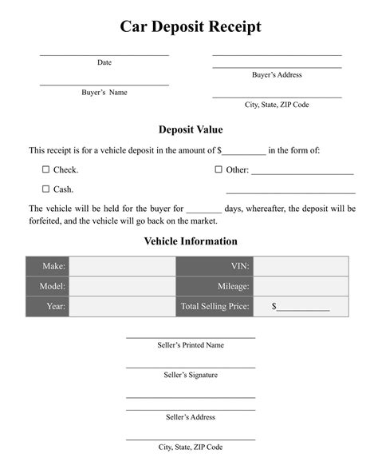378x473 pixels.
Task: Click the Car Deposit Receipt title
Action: coord(190,27)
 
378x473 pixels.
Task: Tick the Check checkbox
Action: coord(45,169)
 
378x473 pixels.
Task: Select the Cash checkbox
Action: coord(45,189)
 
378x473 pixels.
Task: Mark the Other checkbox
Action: coord(219,169)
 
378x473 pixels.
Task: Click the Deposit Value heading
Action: coord(191,129)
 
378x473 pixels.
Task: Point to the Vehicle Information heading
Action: coord(191,240)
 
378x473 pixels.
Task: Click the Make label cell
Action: coord(48,266)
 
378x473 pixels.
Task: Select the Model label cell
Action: coord(48,286)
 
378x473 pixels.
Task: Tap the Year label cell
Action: coord(48,306)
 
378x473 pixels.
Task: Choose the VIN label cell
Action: coord(215,266)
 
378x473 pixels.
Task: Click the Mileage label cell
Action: coord(215,286)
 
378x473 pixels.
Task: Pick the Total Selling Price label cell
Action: coord(215,306)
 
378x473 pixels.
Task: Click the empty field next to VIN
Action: coord(301,266)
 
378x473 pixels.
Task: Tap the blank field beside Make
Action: coord(121,266)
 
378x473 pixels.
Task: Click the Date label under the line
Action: coord(104,62)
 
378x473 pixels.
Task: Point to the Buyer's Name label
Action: coord(104,92)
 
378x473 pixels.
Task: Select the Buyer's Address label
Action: coord(277,75)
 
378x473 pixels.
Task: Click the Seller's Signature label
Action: coord(191,375)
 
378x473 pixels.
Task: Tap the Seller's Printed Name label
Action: coord(191,345)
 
